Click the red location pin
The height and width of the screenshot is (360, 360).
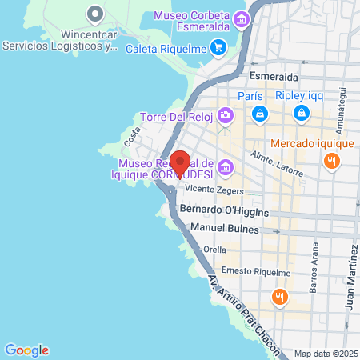pos(180,163)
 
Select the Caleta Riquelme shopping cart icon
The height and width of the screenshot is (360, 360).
pos(218,47)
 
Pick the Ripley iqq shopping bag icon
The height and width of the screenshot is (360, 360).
pos(300,114)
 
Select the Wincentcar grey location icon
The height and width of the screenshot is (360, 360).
pos(95,14)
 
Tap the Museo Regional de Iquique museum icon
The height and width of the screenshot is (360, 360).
pos(226,168)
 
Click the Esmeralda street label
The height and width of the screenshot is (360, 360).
pos(274,76)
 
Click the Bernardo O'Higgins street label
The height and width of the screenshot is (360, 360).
pos(224,210)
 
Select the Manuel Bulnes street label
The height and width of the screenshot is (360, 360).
pos(226,228)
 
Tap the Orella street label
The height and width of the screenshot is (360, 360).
pos(214,249)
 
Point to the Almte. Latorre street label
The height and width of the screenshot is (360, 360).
pos(277,163)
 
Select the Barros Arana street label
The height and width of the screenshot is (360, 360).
pos(314,277)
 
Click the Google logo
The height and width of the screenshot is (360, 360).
pos(26,350)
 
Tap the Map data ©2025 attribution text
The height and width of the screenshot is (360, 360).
pos(324,353)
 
